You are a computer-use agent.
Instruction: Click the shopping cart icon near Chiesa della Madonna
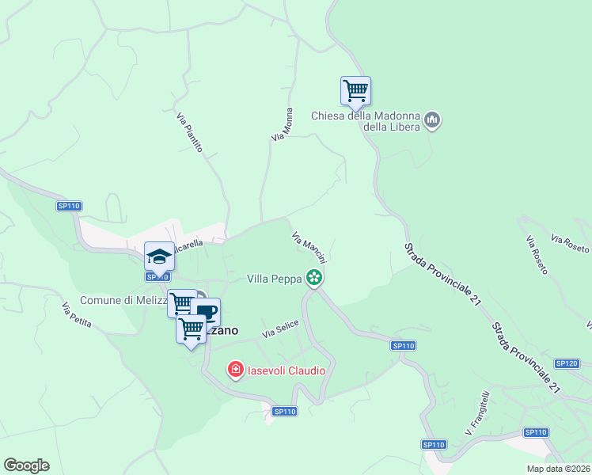click(x=356, y=90)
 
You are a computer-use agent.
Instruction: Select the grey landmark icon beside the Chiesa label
click(x=432, y=120)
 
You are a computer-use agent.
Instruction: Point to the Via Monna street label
click(x=283, y=124)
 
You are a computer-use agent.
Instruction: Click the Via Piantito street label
click(x=190, y=132)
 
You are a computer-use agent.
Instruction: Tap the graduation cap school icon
click(x=159, y=256)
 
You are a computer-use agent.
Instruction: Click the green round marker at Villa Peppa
click(x=315, y=277)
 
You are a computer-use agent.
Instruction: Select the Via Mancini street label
click(x=309, y=247)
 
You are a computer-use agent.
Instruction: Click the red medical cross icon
click(x=235, y=369)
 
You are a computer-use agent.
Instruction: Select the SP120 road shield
click(x=567, y=363)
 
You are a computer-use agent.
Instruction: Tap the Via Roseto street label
click(x=570, y=243)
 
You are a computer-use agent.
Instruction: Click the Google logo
click(x=26, y=465)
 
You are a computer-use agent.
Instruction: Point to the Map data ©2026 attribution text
click(x=558, y=469)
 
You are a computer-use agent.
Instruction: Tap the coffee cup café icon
click(x=206, y=311)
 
